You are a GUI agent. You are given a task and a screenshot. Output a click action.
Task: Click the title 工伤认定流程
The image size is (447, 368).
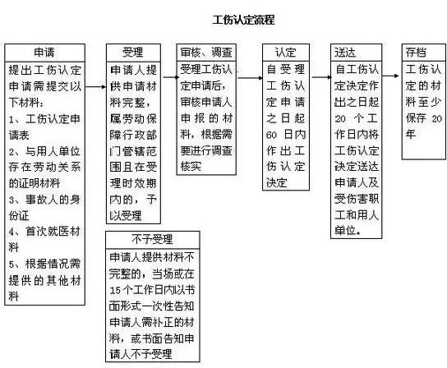[x=244, y=20]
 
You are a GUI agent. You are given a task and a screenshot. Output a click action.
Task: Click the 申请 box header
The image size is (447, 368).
[x=44, y=53]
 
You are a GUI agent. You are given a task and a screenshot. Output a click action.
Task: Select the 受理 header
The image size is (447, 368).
[x=133, y=53]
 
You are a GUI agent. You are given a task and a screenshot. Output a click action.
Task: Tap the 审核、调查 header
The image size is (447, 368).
[x=206, y=53]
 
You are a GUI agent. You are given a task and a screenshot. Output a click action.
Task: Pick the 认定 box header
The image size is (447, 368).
[x=286, y=53]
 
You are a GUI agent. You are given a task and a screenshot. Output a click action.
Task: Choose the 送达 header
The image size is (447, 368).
[x=345, y=53]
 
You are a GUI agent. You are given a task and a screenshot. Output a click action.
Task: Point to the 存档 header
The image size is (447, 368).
[x=417, y=53]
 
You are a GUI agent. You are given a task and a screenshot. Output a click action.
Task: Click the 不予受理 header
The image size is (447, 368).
[x=152, y=239]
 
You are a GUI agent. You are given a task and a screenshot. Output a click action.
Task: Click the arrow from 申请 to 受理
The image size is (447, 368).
[x=95, y=86]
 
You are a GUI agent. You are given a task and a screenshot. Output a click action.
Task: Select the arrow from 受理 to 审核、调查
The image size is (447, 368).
[x=170, y=77]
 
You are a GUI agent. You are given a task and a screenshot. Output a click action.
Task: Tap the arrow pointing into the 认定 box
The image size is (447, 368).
[x=251, y=77]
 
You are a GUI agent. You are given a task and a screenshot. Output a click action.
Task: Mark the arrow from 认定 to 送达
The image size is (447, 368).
[x=322, y=77]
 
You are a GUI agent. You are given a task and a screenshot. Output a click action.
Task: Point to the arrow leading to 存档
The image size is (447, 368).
[x=390, y=76]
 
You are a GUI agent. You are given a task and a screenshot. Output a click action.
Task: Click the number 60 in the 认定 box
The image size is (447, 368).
[x=271, y=135]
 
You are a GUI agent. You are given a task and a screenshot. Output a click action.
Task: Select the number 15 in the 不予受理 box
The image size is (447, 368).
[x=115, y=290]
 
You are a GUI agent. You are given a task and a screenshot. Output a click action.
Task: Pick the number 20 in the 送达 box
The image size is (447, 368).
[x=340, y=118]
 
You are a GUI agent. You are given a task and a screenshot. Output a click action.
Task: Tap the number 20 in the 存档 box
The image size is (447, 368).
[x=437, y=118]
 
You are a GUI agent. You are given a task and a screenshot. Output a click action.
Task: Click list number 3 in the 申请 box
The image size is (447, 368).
[x=12, y=200]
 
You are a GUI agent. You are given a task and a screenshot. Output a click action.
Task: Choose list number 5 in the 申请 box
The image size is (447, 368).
[x=12, y=264]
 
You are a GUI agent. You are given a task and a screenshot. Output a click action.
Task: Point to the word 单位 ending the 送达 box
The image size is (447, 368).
[x=345, y=230]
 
